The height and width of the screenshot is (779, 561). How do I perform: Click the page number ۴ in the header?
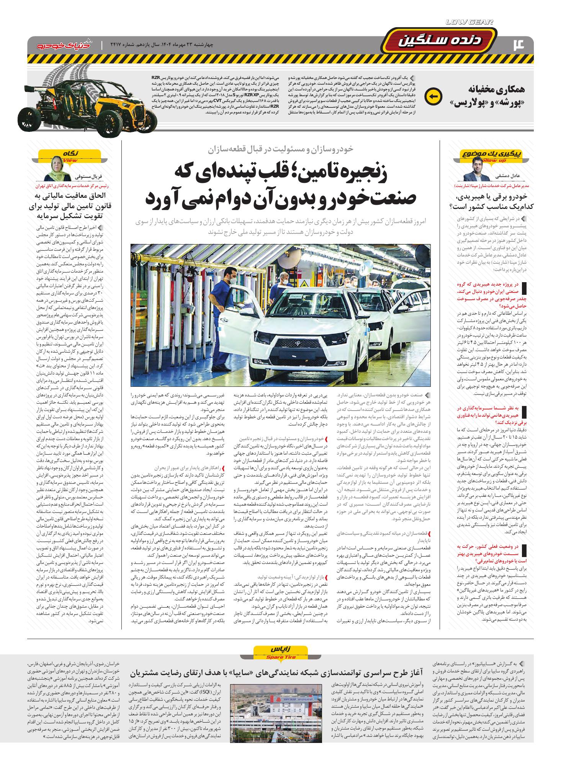click(x=520, y=45)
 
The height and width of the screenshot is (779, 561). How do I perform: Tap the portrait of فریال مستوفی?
click(x=58, y=169)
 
